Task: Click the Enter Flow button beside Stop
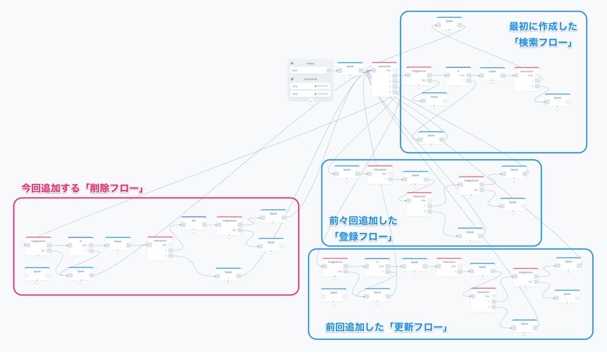tap(321, 86)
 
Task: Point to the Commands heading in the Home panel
tap(310, 79)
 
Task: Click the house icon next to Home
tap(292, 63)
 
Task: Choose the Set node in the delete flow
tap(194, 223)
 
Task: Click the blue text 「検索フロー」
tap(542, 43)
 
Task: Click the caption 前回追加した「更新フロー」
tap(387, 328)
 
